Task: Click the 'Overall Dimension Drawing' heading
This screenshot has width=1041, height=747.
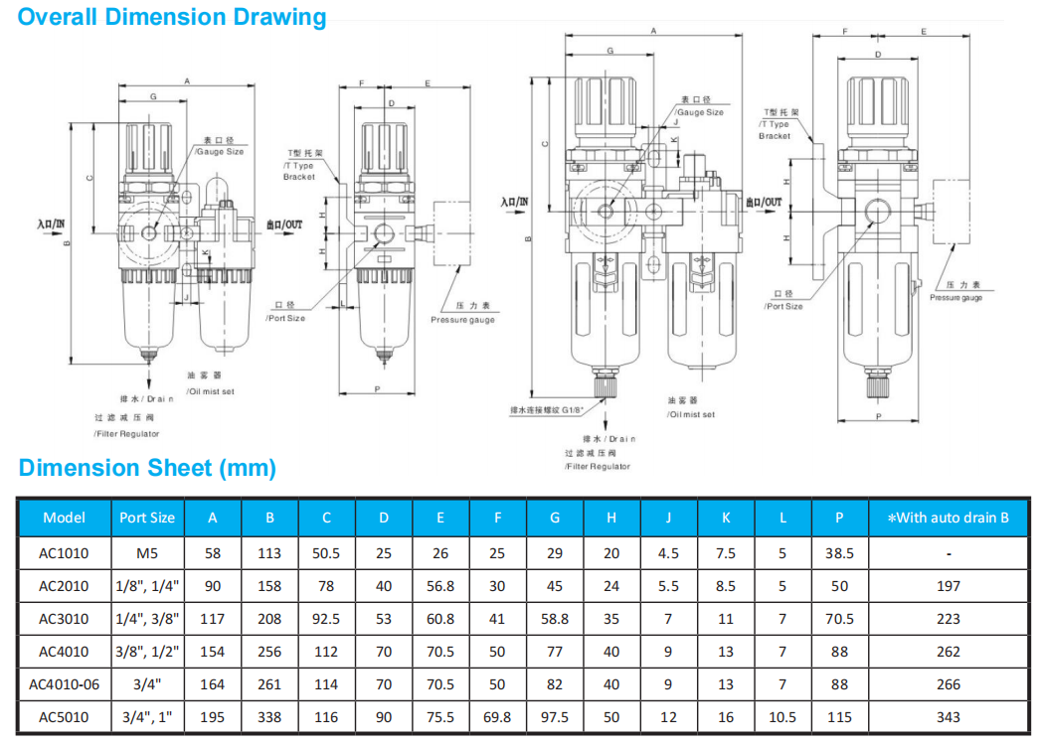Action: click(x=172, y=17)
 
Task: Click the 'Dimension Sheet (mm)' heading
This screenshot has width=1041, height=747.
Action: click(x=147, y=468)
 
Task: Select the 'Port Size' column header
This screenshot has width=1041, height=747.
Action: click(x=147, y=518)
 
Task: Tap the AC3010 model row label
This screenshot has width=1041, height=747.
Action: click(x=64, y=619)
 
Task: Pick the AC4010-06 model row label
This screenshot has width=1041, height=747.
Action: click(x=64, y=684)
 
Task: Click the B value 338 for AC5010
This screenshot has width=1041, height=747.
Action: click(x=269, y=717)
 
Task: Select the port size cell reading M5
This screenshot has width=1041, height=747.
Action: click(x=147, y=553)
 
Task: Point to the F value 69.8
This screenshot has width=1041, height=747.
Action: click(x=497, y=717)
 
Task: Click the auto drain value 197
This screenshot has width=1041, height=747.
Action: click(x=948, y=586)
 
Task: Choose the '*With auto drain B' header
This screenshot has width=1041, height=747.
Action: click(x=948, y=518)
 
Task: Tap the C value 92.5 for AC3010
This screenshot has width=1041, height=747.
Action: click(x=326, y=619)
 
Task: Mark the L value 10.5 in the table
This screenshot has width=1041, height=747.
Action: click(x=782, y=717)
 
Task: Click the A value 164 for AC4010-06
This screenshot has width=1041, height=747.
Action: click(x=213, y=684)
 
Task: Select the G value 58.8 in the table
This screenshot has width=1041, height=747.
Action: click(x=555, y=619)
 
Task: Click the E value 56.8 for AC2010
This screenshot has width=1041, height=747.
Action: click(x=439, y=586)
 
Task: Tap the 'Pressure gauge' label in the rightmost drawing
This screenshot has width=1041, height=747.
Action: click(x=955, y=298)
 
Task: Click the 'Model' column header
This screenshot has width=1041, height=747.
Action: click(x=64, y=518)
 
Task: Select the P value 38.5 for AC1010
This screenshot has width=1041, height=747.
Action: click(x=840, y=553)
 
